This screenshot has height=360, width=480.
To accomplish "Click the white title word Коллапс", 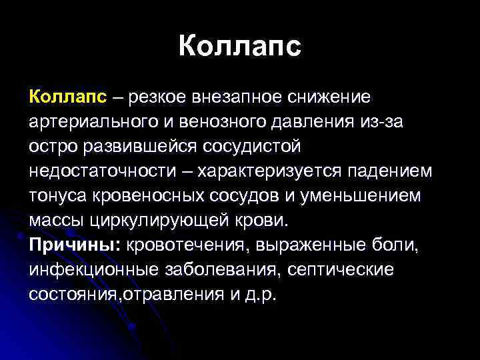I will point(240,46).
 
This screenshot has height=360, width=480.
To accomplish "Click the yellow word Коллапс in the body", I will point(67,99).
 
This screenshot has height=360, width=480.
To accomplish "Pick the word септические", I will point(337,269).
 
